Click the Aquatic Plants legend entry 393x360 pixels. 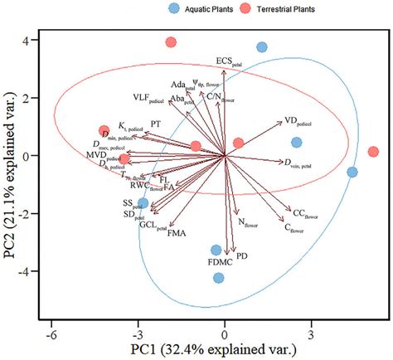click(x=201, y=9)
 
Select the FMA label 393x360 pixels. click(x=177, y=235)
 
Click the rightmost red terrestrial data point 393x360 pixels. click(x=373, y=152)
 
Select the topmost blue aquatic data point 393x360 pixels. click(x=262, y=47)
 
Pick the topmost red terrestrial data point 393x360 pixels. click(x=171, y=42)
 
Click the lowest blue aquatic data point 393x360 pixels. click(x=219, y=278)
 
